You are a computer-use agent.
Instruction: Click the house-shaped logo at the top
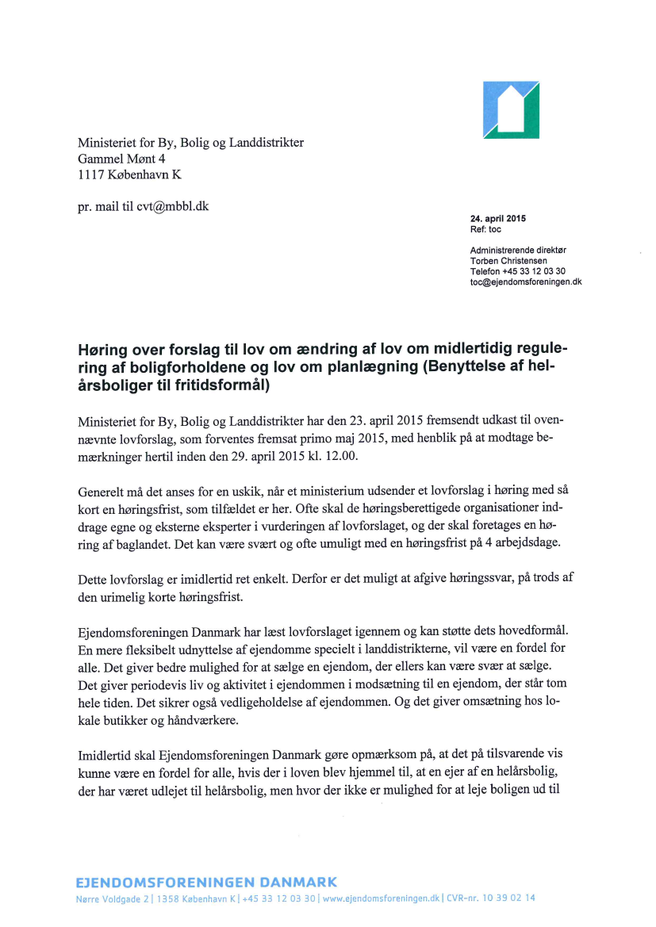point(512,110)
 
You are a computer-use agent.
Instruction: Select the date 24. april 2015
point(498,219)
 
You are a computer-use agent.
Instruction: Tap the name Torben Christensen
point(508,261)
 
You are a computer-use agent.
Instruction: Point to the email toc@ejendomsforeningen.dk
point(526,281)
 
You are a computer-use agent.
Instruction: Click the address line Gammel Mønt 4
point(121,159)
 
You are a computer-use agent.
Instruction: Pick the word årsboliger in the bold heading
point(110,386)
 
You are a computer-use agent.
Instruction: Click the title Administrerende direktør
point(518,251)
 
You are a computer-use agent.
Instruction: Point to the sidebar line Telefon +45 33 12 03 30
point(517,271)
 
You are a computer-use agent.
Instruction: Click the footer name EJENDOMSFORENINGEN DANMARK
point(206,882)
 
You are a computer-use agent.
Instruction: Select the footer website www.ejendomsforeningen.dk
point(382,898)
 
